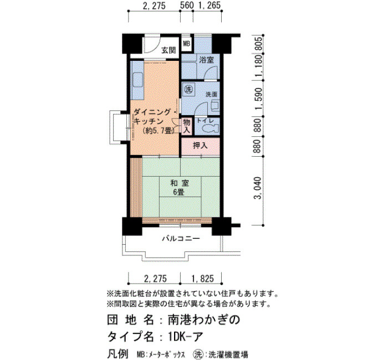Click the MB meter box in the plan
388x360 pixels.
pos(186,44)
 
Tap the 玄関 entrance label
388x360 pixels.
pos(169,50)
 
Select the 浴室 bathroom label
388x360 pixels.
pos(206,60)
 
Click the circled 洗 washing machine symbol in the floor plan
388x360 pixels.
pos(189,89)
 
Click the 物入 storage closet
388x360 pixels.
pos(186,126)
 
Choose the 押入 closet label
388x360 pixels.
pos(200,146)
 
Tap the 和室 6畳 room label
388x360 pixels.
pos(180,187)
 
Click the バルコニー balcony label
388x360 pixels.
pos(181,239)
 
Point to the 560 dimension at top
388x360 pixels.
pos(187,6)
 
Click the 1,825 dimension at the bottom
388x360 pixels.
pos(202,279)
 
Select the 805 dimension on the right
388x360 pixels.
pos(258,44)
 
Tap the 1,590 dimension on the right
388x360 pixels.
pos(258,99)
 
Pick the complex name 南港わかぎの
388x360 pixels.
pos(204,320)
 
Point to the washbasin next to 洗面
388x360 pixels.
pos(215,105)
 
